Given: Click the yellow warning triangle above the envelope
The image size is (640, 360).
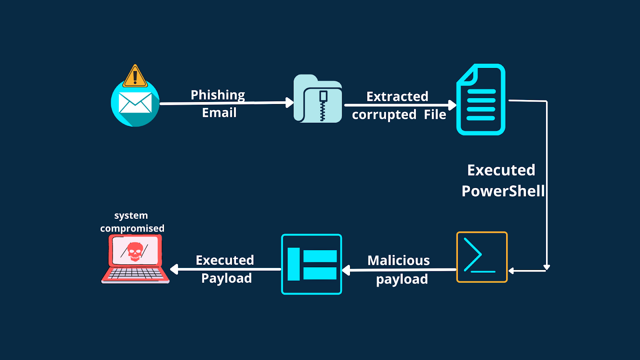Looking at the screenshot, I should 135,76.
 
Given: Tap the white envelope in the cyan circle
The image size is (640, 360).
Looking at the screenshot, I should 135,103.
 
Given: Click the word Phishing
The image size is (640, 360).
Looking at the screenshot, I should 218,95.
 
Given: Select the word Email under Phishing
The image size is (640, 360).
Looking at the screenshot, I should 219,113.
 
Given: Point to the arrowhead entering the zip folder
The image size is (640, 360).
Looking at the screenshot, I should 290,102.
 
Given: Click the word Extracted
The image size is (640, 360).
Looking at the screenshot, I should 397,96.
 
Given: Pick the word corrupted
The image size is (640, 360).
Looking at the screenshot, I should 384,115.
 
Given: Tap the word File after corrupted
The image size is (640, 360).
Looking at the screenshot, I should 435,115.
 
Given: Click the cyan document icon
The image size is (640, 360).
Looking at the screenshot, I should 481,100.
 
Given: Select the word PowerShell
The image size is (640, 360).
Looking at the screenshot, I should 503,191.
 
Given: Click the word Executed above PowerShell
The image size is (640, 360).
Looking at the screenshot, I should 501,170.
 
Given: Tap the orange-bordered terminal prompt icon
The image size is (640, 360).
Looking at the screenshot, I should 482,257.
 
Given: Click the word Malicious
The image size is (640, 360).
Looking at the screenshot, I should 398,261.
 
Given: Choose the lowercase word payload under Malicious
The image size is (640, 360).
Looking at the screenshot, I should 402,279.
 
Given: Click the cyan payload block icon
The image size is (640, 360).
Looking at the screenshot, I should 312,264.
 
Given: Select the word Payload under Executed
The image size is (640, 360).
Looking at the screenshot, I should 226,278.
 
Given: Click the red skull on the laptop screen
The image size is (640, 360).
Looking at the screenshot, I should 135,251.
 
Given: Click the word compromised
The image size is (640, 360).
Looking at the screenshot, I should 132,228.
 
